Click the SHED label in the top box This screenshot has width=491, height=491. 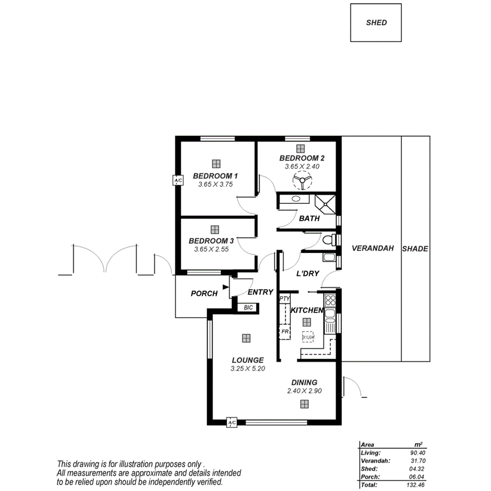pos(376,23)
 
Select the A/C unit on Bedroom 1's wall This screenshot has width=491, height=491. pos(178,181)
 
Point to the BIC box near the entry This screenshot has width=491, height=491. pos(248,307)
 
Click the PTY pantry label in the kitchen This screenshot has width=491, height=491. pos(284,299)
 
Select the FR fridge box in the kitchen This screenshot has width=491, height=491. pos(284,331)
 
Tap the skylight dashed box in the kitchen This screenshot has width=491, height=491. pos(308,337)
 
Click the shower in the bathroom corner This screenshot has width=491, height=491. pos(326,203)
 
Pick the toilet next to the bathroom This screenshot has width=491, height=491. pos(329,240)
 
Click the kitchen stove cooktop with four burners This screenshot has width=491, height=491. pos(330,301)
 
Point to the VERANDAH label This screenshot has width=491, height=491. pos(372,249)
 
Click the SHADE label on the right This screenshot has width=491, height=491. pos(415,249)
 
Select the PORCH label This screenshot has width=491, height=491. pos(204,293)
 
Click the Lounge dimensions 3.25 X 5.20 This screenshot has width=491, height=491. pos(247,369)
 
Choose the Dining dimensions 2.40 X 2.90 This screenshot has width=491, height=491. pos(304,391)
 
